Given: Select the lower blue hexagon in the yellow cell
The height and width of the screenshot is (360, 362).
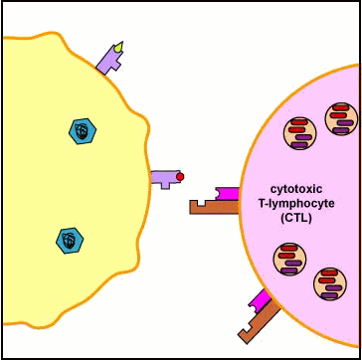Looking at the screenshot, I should click(69, 239).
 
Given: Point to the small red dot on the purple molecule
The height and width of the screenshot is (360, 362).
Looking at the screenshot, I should click(180, 177).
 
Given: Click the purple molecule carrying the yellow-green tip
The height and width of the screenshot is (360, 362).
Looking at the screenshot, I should click(107, 64).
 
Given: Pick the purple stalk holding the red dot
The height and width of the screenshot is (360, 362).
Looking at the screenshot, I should click(163, 178).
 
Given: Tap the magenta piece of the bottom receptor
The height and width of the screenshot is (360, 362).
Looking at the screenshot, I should click(261, 299).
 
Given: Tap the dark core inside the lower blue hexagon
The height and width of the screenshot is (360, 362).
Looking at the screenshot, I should click(69, 239).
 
